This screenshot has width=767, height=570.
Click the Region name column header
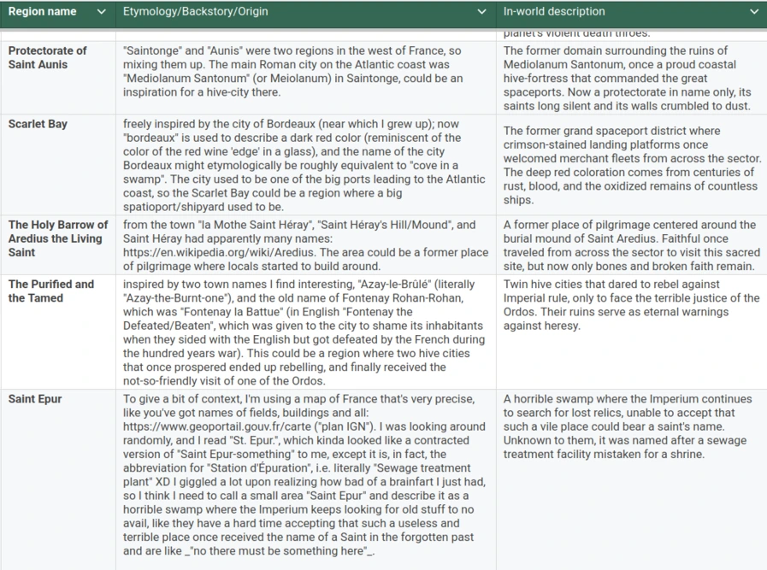pos(43,12)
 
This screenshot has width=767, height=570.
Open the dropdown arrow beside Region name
pos(102,12)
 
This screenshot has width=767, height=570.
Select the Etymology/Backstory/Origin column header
pos(196,12)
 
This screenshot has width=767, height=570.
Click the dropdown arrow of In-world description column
pos(753,12)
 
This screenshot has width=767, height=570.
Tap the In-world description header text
pos(554,12)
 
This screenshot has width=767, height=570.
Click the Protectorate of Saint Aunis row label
pos(48,57)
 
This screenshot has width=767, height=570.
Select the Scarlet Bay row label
pos(38,124)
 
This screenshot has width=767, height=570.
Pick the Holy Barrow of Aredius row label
pos(57,238)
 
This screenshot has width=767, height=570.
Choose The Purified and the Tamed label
pos(51,291)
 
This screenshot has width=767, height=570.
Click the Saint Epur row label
pos(35,399)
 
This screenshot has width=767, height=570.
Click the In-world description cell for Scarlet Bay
pos(630,165)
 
